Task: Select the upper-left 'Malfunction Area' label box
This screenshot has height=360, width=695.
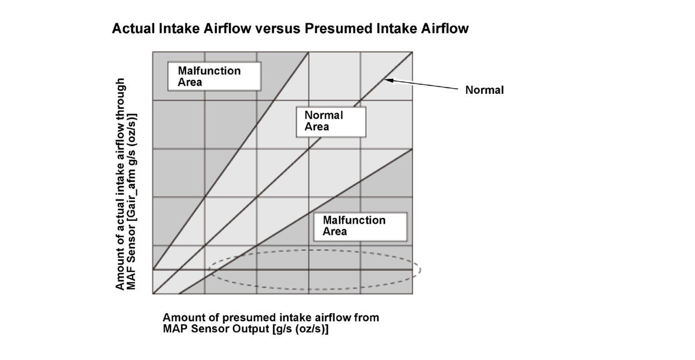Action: coord(213,76)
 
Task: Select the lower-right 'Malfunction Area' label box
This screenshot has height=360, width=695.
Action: coord(359,226)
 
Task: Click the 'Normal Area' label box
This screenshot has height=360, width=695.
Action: coord(330,121)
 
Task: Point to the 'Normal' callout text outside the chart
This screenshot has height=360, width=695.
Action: coord(485,90)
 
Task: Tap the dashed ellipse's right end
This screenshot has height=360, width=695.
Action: coord(419,269)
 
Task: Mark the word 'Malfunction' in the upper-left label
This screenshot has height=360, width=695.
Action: coord(209,71)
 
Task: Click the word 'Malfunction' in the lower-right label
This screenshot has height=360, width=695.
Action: coord(354,220)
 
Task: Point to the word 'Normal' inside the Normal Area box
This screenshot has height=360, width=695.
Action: coord(323,115)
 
